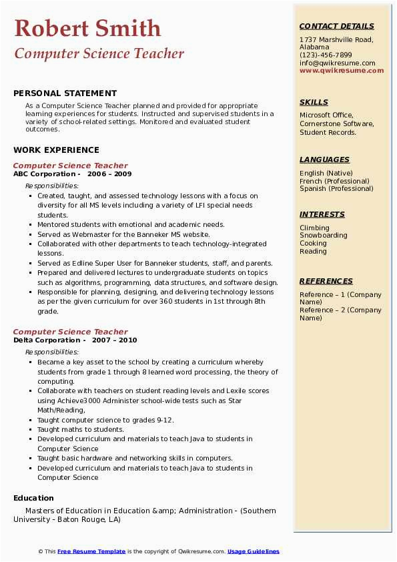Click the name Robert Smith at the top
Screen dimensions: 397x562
coord(87,29)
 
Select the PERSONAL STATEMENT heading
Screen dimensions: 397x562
coord(65,93)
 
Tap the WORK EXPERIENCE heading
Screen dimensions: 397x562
coord(56,150)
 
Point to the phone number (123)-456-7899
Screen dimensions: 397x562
coord(326,55)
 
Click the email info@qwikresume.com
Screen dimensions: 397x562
coord(337,63)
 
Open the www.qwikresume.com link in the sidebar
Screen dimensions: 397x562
coord(342,71)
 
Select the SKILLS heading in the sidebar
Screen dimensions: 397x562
coord(314,102)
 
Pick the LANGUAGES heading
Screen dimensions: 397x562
coord(324,160)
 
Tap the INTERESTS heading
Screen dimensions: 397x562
coord(322,214)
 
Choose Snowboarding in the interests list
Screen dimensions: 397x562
coord(323,236)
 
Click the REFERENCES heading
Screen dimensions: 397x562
coord(326,281)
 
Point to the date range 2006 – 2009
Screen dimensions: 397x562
coord(109,174)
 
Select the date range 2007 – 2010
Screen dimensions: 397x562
coord(114,340)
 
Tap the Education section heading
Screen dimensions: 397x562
coord(33,498)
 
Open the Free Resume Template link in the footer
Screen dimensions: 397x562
coord(91,551)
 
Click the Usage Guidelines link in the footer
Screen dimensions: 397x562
coord(253,551)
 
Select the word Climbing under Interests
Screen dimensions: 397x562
coord(314,228)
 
